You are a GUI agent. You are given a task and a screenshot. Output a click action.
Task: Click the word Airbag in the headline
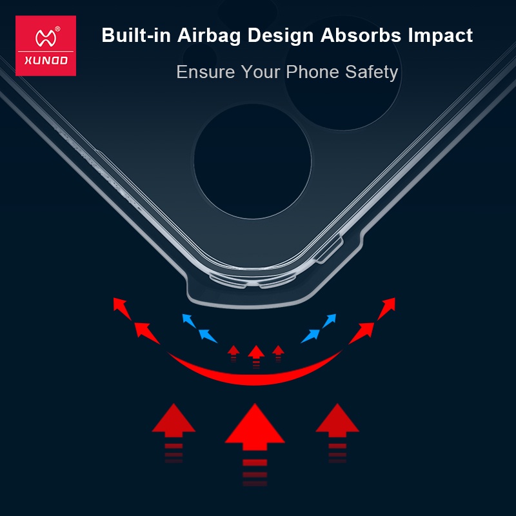coord(209,35)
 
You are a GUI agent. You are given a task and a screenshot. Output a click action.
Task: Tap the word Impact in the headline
coord(441,35)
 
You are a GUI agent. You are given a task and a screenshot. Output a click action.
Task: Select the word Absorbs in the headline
coord(361,35)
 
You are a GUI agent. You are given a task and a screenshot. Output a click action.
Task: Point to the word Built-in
coord(136,35)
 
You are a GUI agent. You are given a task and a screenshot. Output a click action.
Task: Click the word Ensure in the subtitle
coord(206,72)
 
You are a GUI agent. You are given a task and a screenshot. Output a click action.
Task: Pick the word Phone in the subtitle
coord(312,72)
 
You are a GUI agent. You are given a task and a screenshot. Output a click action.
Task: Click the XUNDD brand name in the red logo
coord(46,61)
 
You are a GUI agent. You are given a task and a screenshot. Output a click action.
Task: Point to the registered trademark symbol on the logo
coord(57,29)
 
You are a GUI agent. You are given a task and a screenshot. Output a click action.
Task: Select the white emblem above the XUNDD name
coord(46,38)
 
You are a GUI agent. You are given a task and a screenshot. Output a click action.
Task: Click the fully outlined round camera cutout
coord(253,161)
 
